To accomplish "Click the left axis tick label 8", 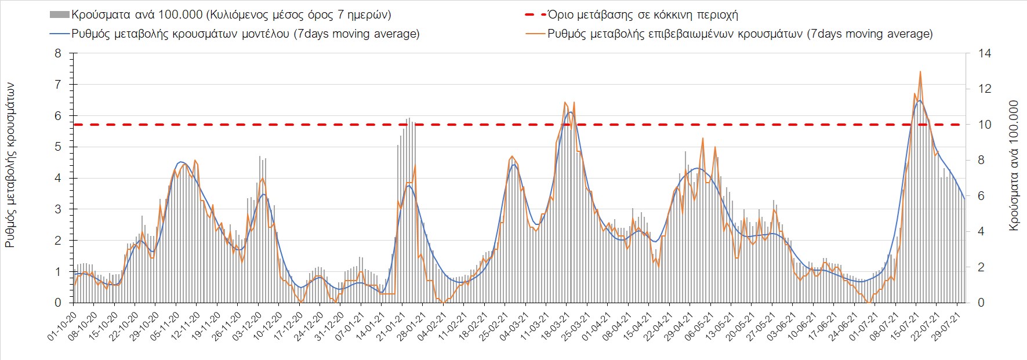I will pyautogui.click(x=57, y=53).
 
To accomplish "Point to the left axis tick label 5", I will pyautogui.click(x=57, y=147).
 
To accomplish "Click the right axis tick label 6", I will pyautogui.click(x=981, y=196).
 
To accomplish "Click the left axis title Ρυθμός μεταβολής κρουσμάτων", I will pyautogui.click(x=10, y=165).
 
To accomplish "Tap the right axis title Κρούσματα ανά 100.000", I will pyautogui.click(x=1014, y=165).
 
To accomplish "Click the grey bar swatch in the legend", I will pyautogui.click(x=60, y=14).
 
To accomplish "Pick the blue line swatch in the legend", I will pyautogui.click(x=60, y=34).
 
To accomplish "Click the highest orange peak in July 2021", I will pyautogui.click(x=920, y=72).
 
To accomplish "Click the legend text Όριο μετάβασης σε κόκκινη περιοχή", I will pyautogui.click(x=643, y=14).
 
